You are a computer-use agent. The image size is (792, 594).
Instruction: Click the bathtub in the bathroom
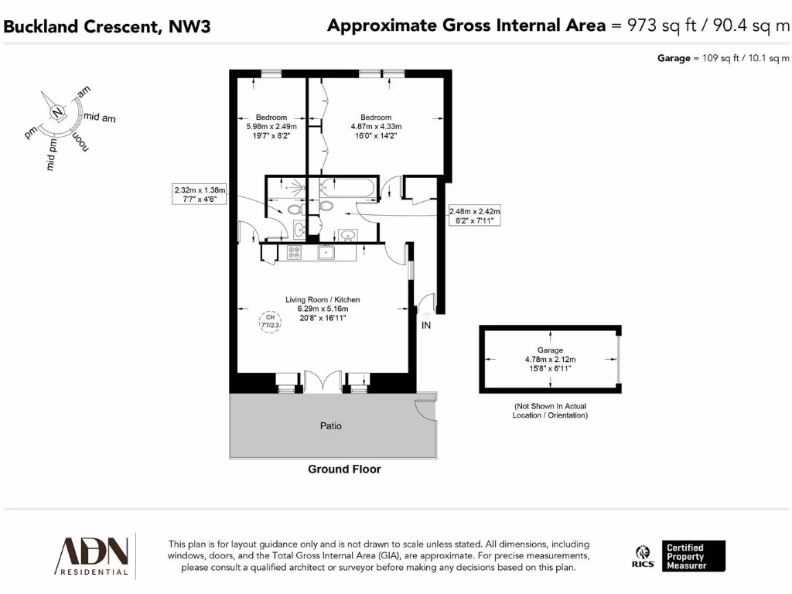pos(347,188)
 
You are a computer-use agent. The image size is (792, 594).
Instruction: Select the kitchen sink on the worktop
pos(326,251)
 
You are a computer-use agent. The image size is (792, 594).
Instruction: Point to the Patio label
pos(331,426)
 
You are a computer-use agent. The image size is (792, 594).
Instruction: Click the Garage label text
pos(550,350)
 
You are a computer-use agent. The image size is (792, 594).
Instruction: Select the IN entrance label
pos(425,326)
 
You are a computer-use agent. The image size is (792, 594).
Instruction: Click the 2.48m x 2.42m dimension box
pos(475,216)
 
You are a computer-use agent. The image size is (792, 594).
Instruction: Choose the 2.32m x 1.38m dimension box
pos(200,193)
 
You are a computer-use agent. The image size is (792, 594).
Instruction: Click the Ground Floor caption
pos(344,469)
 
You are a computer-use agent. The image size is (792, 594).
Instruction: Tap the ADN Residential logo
pos(91,555)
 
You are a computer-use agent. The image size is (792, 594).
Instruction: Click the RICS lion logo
pos(643,556)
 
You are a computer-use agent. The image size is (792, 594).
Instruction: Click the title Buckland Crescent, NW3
pos(107,26)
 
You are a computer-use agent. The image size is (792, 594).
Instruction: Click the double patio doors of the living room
pos(322,382)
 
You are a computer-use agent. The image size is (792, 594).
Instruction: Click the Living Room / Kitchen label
pos(323,299)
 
